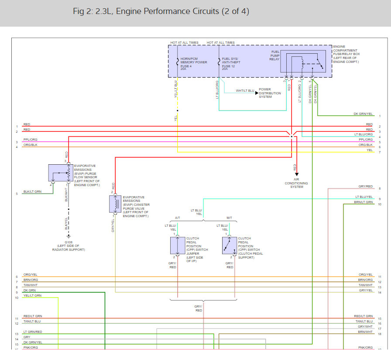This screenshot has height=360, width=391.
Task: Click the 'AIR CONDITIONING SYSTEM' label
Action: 296,183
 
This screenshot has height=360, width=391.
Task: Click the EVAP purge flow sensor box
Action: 61,173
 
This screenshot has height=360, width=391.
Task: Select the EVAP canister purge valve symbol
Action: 115,204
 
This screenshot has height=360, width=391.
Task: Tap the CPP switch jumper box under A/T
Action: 178,246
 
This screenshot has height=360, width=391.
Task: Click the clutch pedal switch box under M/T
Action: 230,246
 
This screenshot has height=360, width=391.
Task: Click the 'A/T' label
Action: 178,218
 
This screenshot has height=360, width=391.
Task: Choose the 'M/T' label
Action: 230,218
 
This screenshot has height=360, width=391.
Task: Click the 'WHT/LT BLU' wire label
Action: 245,91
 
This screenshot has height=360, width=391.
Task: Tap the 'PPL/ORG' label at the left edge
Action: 30,140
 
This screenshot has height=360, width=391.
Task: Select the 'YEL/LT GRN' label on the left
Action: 32,296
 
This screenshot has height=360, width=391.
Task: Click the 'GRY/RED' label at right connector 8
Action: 365,187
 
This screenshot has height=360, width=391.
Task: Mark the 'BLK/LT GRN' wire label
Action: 32,191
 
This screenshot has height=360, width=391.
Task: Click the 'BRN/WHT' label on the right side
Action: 366,332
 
